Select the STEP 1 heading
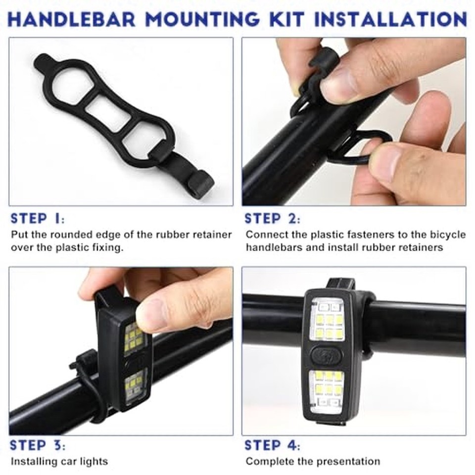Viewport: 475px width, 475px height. tap(37, 219)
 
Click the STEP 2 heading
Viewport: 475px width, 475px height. tap(272, 219)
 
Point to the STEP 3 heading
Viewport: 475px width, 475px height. tap(38, 445)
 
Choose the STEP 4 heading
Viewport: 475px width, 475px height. tap(273, 445)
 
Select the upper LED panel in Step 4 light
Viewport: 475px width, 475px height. tap(327, 322)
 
